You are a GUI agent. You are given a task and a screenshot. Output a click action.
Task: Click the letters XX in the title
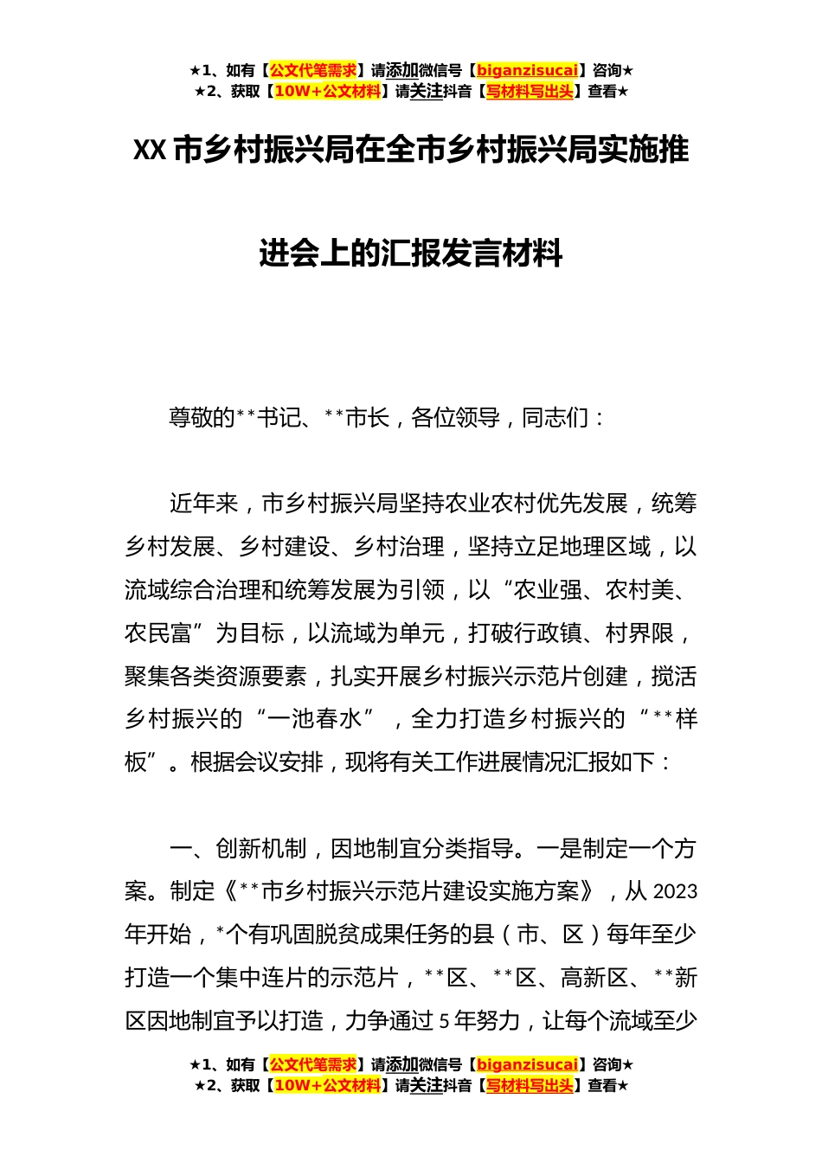coord(149,151)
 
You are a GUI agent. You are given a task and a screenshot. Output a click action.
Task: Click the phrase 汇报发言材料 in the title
coord(472,254)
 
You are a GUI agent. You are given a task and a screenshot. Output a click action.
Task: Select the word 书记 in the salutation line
coord(279,418)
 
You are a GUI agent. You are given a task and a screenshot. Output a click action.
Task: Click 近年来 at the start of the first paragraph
coord(203,504)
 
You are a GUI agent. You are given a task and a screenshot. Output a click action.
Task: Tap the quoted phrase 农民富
coord(157,633)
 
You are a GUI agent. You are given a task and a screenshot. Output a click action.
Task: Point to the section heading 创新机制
coord(260,849)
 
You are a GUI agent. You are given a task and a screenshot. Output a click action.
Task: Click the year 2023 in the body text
coord(675,892)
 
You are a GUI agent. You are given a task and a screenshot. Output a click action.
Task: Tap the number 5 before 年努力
coord(444,1021)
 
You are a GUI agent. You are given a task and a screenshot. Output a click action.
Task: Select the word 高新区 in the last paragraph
coord(594,978)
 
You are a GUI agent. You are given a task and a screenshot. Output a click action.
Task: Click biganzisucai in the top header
coord(527,71)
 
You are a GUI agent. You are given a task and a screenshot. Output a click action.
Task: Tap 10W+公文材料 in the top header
coord(327,92)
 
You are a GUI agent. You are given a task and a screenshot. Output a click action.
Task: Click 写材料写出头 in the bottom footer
coord(530,1085)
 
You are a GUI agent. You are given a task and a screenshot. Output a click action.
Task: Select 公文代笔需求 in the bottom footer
coord(313,1064)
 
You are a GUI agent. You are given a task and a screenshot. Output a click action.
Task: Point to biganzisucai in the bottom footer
coord(527,1064)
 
